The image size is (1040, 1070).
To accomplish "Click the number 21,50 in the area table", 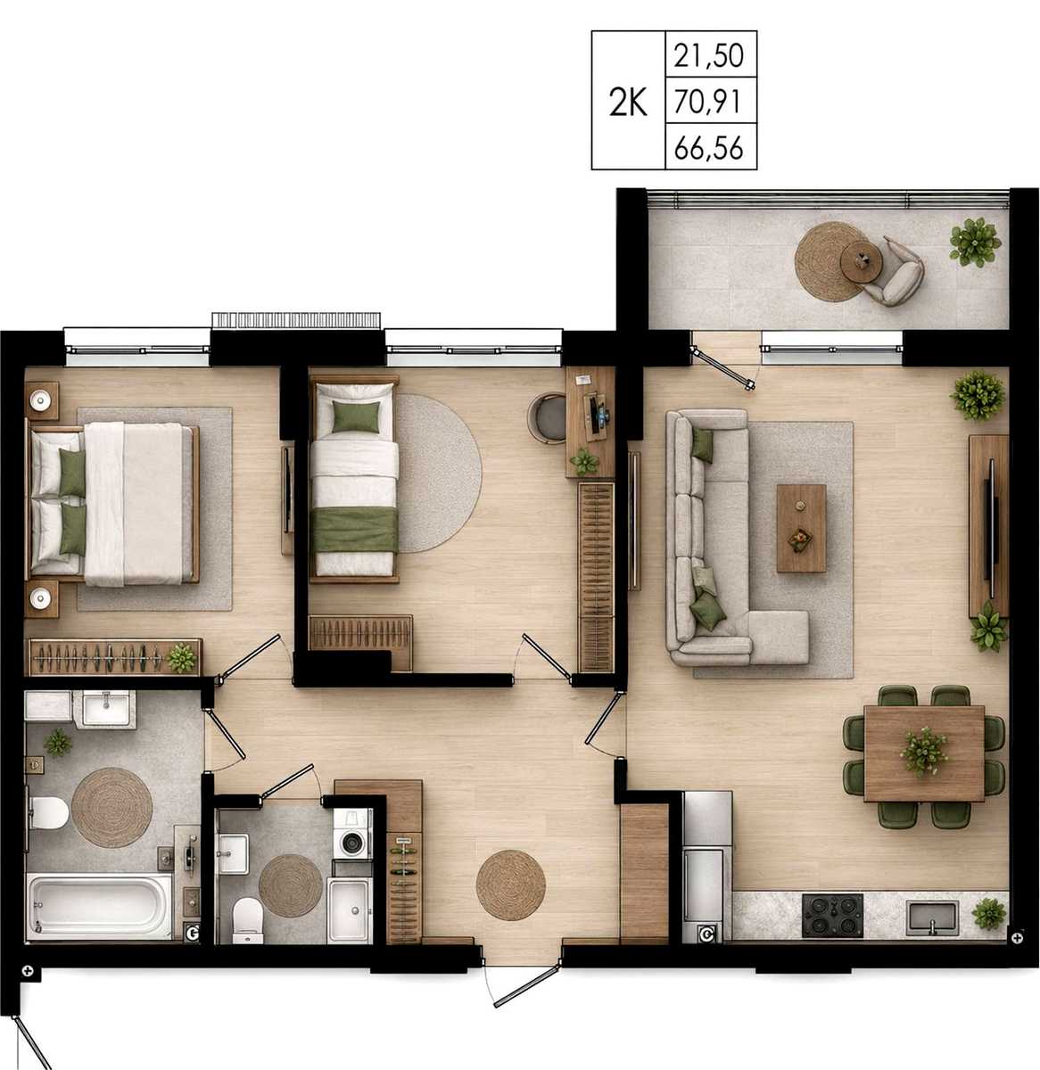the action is (709, 56).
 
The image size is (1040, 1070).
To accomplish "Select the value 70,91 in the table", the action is (709, 102).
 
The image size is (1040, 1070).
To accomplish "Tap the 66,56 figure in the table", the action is (709, 148).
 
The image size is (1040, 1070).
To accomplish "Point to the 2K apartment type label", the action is (628, 103).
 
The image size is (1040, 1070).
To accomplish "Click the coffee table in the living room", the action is (801, 528).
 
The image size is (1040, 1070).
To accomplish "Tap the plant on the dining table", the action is (923, 751).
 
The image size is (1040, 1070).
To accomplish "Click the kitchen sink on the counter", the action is (932, 918).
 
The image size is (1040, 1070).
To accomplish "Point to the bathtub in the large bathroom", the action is (100, 906).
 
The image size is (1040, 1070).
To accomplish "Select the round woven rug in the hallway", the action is (510, 885).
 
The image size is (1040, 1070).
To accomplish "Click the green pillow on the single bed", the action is (356, 416).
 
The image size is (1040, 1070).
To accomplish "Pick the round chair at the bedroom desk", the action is (549, 416).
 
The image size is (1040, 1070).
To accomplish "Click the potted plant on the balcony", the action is (975, 243).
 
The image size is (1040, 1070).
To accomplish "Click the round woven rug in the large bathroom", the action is (111, 807).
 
